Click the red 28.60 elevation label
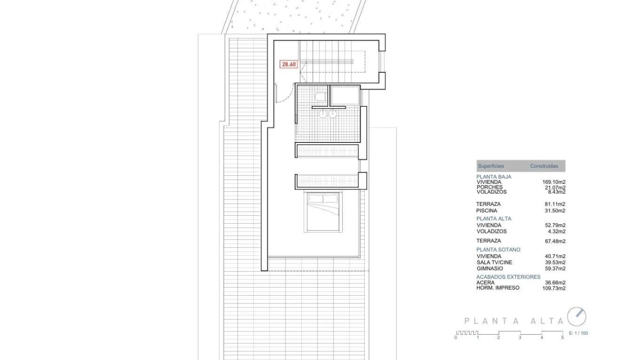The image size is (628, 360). [289, 64]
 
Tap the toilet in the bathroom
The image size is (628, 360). [320, 97]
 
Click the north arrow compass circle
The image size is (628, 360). [577, 317]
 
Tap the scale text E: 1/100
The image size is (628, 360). [578, 333]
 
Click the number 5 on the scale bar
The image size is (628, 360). [563, 338]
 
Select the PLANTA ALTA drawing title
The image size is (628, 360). [514, 321]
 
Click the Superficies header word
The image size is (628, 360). [490, 166]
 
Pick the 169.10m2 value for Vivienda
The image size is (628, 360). [554, 182]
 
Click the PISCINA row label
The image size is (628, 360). [487, 210]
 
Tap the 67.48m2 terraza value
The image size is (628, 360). [555, 241]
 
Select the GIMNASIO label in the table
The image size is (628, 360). [489, 269]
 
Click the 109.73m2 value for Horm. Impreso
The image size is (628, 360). [554, 288]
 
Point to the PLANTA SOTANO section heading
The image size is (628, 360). [498, 250]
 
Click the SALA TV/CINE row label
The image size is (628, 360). [494, 262]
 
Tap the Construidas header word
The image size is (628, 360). [544, 166]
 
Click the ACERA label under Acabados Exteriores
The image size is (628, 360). [485, 282]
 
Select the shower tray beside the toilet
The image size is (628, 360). [345, 96]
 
